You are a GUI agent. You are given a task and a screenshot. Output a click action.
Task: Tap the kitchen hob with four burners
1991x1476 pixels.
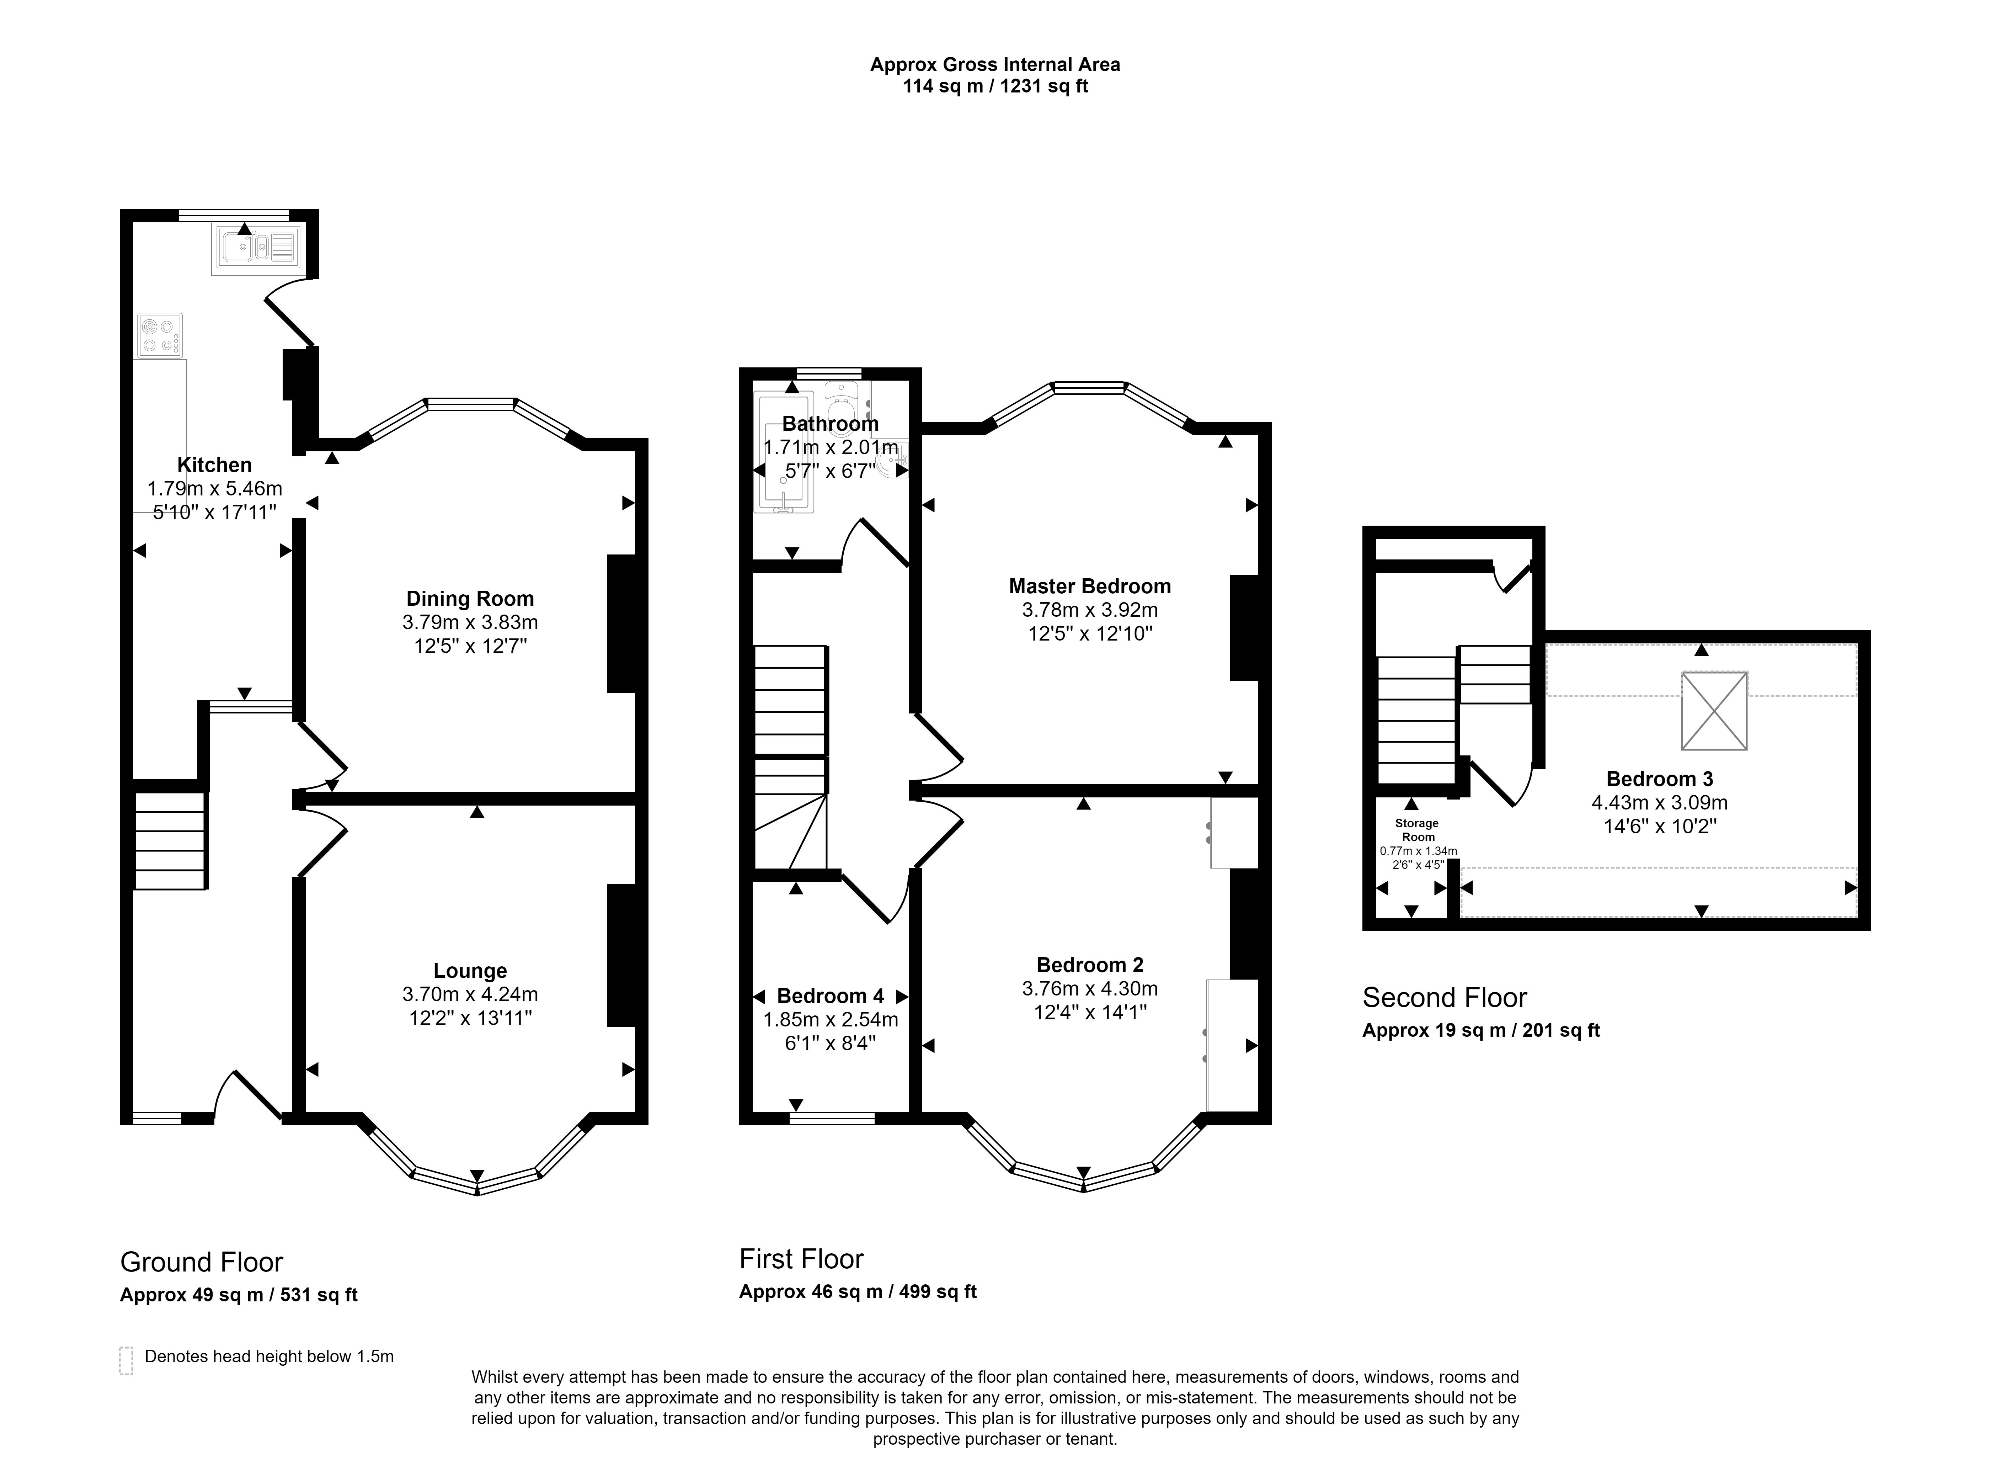160,336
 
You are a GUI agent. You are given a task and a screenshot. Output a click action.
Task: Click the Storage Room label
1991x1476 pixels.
1418,830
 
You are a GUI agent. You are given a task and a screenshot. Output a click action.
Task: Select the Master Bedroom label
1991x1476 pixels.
1090,586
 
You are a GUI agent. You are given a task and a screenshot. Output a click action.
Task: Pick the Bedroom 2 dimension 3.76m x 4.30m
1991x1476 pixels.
1090,988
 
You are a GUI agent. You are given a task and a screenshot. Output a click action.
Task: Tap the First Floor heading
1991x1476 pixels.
801,1259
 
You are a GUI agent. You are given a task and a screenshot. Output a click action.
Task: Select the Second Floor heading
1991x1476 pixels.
1444,997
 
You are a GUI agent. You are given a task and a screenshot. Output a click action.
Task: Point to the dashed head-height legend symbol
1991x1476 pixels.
126,1360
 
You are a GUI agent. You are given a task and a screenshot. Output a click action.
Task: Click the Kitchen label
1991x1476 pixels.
214,464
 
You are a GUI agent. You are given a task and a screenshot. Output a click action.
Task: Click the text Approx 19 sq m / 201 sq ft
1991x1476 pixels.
1481,1030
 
